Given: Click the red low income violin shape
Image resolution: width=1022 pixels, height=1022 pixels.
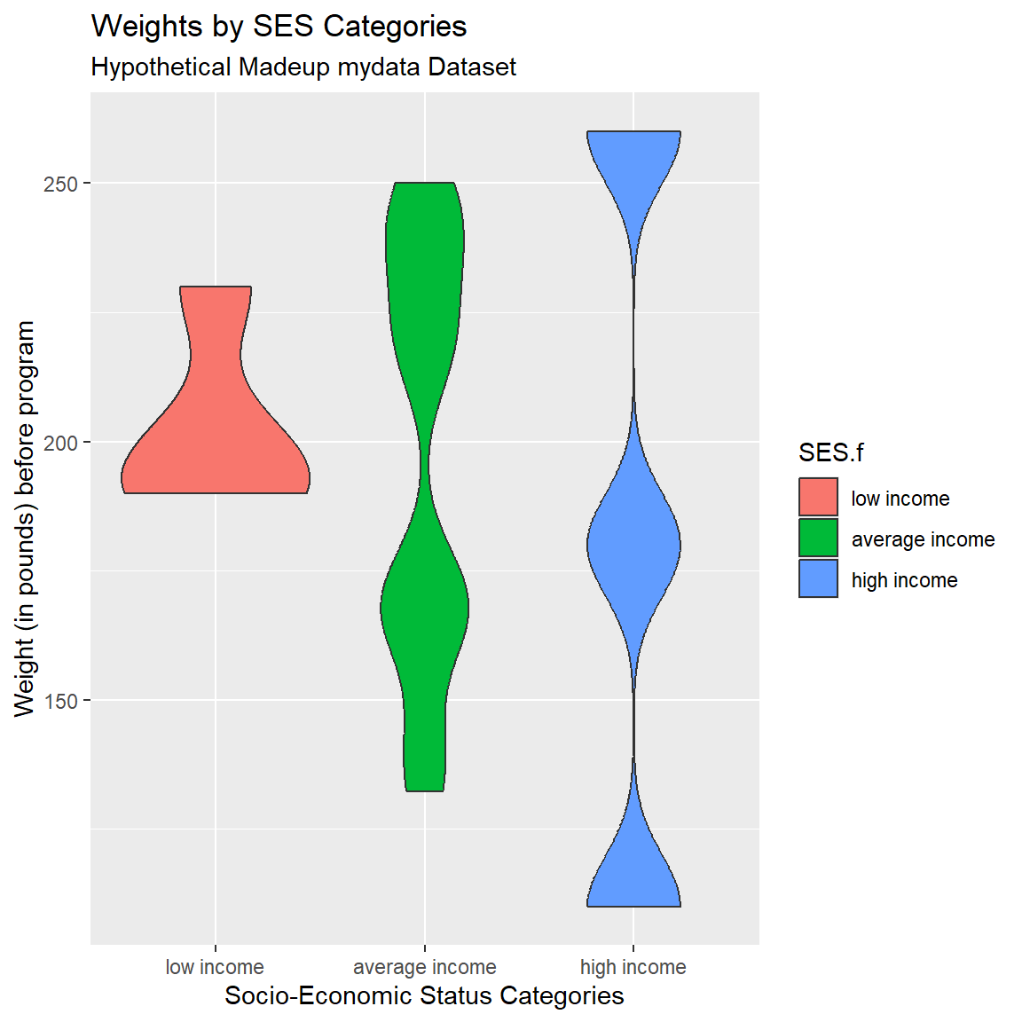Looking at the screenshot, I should [x=216, y=444].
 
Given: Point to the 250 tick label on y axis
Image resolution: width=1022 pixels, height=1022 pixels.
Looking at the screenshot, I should [x=61, y=184].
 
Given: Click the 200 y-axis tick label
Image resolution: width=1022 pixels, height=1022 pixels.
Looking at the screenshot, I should [x=61, y=443].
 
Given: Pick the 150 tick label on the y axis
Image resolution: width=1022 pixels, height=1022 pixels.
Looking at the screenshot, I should [x=61, y=701].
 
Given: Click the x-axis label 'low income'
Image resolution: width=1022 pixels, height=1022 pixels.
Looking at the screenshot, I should [x=215, y=967].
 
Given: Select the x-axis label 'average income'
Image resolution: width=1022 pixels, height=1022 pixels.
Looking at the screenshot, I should [x=425, y=967].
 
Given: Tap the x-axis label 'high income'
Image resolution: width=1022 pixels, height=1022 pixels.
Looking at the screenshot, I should [x=633, y=967].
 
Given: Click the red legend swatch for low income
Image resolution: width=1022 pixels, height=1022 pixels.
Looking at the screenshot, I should [x=818, y=498].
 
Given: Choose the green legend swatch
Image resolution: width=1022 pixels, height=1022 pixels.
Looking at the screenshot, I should [x=818, y=539].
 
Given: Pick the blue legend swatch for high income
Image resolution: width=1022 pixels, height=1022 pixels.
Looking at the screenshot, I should [x=818, y=579].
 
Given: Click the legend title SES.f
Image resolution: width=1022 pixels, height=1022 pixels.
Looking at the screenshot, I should [x=830, y=453].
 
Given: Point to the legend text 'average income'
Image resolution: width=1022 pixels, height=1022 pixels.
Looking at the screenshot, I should [x=923, y=539].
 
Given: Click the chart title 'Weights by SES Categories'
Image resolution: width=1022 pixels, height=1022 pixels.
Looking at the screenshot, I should [x=279, y=27].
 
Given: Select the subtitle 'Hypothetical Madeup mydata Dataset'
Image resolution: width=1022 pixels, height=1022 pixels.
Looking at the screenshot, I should [x=303, y=67].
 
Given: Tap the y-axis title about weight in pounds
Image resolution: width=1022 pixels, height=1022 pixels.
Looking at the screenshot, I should [x=25, y=519].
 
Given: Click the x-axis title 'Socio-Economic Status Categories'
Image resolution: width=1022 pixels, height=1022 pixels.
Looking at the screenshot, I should [x=424, y=995].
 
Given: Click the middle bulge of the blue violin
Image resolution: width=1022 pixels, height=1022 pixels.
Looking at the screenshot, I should [x=633, y=545].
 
